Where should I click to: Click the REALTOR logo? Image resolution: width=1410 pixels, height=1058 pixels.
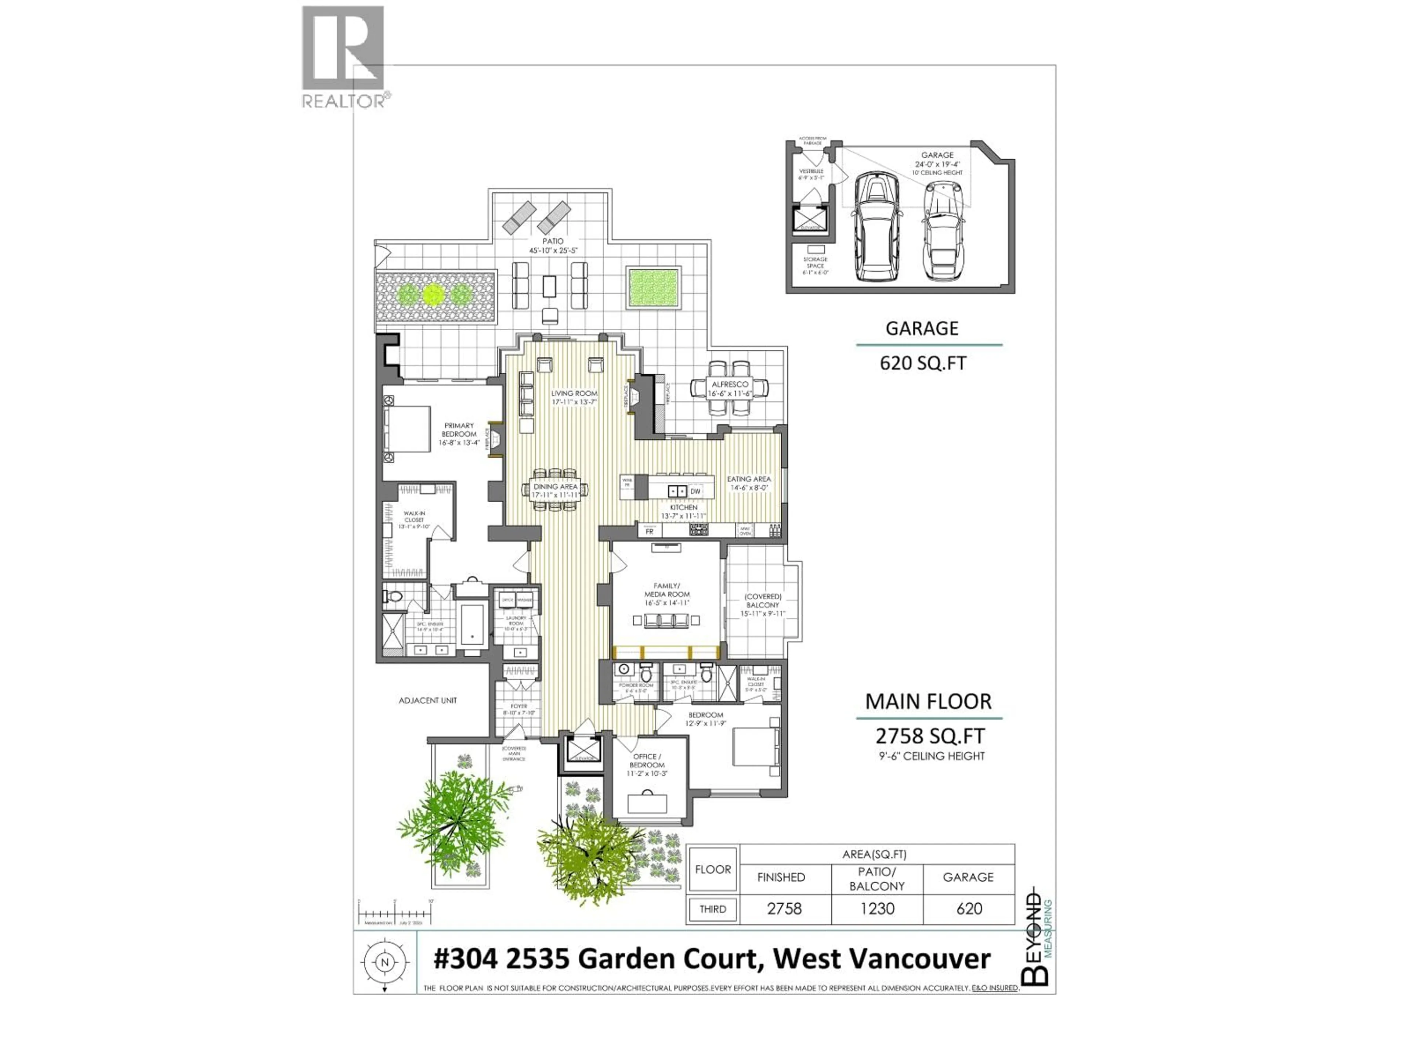pyautogui.click(x=343, y=56)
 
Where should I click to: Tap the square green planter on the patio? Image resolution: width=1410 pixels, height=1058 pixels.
pyautogui.click(x=653, y=287)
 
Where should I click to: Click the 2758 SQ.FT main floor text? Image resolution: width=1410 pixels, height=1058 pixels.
pyautogui.click(x=929, y=736)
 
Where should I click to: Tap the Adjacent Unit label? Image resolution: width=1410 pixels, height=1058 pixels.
pyautogui.click(x=428, y=700)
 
